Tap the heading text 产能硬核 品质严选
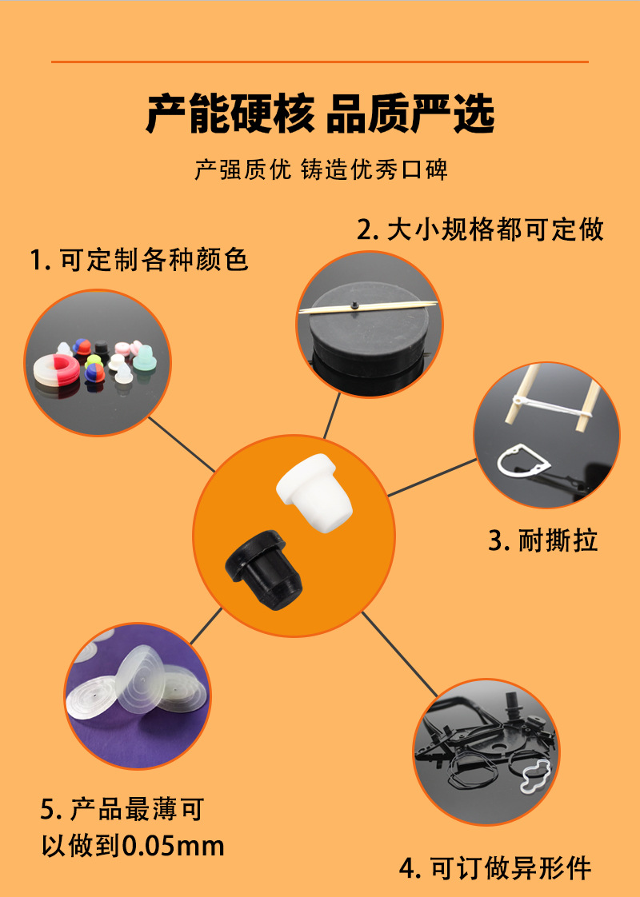click(320, 114)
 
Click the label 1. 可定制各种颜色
click(139, 260)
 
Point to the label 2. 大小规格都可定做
click(480, 230)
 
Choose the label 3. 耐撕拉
click(543, 540)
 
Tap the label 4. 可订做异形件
click(495, 867)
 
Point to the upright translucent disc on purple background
click(136, 680)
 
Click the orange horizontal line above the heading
click(320, 62)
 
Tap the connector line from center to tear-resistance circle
click(432, 478)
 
